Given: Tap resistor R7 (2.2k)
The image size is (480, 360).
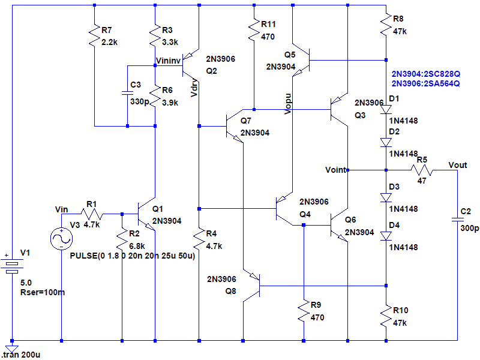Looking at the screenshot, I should [x=95, y=36].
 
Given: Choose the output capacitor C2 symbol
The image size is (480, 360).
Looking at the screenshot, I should [x=457, y=220].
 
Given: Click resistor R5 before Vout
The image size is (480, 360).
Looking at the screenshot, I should [x=422, y=170].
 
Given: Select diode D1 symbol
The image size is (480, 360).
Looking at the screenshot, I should [x=386, y=110].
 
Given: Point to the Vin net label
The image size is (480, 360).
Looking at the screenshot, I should [x=62, y=208].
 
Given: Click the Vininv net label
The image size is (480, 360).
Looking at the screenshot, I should [x=167, y=61].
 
